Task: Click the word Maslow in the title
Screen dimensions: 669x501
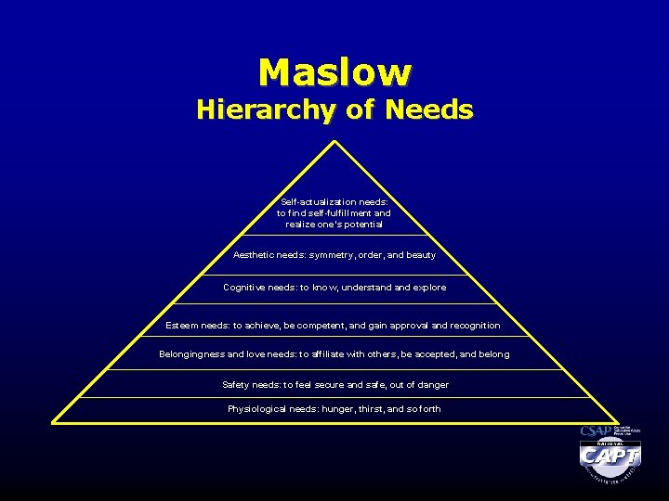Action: [x=334, y=71]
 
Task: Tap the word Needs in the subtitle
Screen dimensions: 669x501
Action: [x=430, y=110]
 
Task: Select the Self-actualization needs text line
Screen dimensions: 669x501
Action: [x=334, y=201]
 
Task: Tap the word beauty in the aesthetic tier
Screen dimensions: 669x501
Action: [x=421, y=254]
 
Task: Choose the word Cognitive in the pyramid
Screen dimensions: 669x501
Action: [x=246, y=288]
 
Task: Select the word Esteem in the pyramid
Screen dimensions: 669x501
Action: [x=180, y=326]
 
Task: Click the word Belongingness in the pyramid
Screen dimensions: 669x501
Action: [x=191, y=354]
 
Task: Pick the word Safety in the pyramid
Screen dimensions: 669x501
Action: [x=237, y=384]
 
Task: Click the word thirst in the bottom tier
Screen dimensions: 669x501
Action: [x=365, y=409]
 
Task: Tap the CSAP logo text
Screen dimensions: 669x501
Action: [x=595, y=431]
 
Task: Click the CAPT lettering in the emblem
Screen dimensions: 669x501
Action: [x=610, y=457]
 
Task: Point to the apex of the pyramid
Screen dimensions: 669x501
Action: [x=334, y=142]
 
